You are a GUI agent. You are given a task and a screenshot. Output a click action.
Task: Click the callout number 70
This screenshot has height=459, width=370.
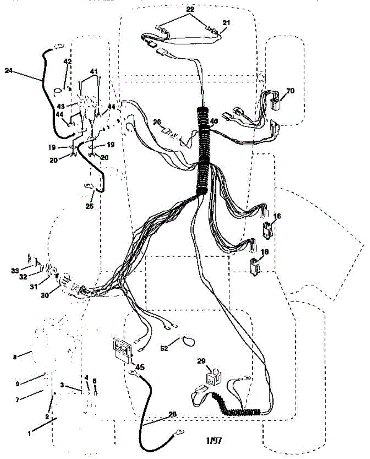coord(290,91)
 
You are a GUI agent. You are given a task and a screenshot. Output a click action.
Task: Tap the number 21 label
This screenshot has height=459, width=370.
coord(226,23)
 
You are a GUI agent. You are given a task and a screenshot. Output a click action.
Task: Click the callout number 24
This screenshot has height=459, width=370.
coord(9,70)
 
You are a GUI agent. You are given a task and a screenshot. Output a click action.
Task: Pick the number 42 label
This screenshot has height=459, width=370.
coord(67,61)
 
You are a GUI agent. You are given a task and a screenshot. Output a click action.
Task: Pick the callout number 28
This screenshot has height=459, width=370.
coord(173,414)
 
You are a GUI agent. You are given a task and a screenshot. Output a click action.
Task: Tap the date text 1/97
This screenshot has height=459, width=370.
coord(213,440)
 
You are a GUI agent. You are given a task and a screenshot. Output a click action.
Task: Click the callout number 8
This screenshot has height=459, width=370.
coord(15,357)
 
